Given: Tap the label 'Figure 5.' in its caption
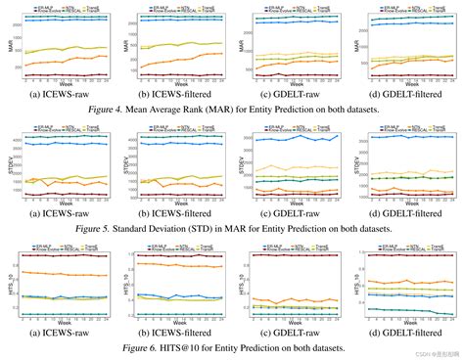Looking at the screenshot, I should click(x=95, y=228).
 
